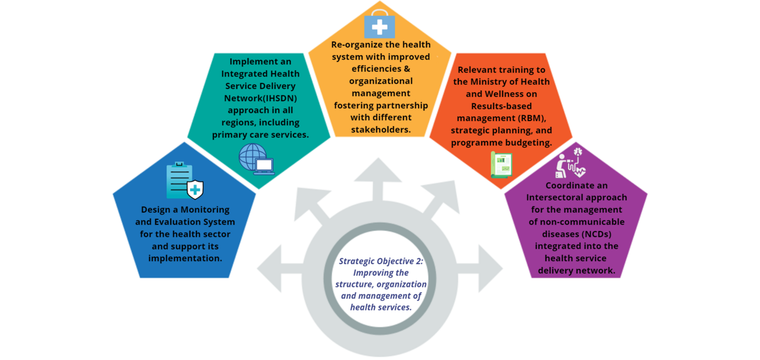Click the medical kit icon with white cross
pyautogui.click(x=379, y=25)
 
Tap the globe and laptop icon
pyautogui.click(x=256, y=160)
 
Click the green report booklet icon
pyautogui.click(x=501, y=164)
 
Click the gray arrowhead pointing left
pyautogui.click(x=270, y=268)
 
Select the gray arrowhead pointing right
pyautogui.click(x=490, y=268)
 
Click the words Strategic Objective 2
pyautogui.click(x=381, y=261)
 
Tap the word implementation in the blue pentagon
pyautogui.click(x=185, y=258)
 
